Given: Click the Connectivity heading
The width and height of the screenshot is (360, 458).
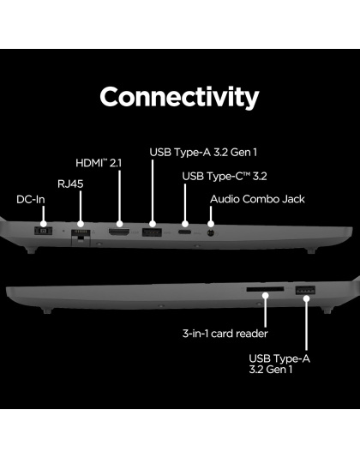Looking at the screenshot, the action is click(x=179, y=97).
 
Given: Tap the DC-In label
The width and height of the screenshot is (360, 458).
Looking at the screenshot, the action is click(x=31, y=200).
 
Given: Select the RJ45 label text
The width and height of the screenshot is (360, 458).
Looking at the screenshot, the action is click(x=70, y=184).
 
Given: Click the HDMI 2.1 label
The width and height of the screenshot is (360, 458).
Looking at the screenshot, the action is click(x=99, y=163).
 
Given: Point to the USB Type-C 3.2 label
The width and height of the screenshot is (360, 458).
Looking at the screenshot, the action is click(x=225, y=176).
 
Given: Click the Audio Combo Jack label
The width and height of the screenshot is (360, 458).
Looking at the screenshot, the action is click(x=257, y=199).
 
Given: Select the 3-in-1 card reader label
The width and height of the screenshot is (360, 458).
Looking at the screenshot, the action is click(x=225, y=334).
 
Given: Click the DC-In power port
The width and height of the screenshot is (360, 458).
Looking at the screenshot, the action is click(x=43, y=231).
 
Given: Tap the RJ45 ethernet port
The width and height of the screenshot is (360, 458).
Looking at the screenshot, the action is click(x=81, y=234).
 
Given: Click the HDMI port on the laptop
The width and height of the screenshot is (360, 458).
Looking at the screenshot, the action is click(x=119, y=232).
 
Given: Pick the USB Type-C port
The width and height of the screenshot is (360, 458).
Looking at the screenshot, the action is click(x=185, y=232).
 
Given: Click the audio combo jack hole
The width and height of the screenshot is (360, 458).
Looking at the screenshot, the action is click(x=211, y=233).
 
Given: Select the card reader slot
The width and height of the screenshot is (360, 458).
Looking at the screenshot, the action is click(x=265, y=289).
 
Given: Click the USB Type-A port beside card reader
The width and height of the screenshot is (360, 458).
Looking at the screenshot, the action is click(x=305, y=290).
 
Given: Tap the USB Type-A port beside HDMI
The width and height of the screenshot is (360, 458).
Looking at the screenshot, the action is click(x=152, y=232).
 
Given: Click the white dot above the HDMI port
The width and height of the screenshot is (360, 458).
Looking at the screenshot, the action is click(x=119, y=224).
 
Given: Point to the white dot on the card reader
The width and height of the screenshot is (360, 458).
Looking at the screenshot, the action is click(x=265, y=295).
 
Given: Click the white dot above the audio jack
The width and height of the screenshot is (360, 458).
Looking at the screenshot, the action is click(x=211, y=224).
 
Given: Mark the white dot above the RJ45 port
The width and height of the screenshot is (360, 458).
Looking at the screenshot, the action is click(x=81, y=224).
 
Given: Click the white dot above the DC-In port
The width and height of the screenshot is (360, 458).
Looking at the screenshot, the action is click(x=44, y=224).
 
